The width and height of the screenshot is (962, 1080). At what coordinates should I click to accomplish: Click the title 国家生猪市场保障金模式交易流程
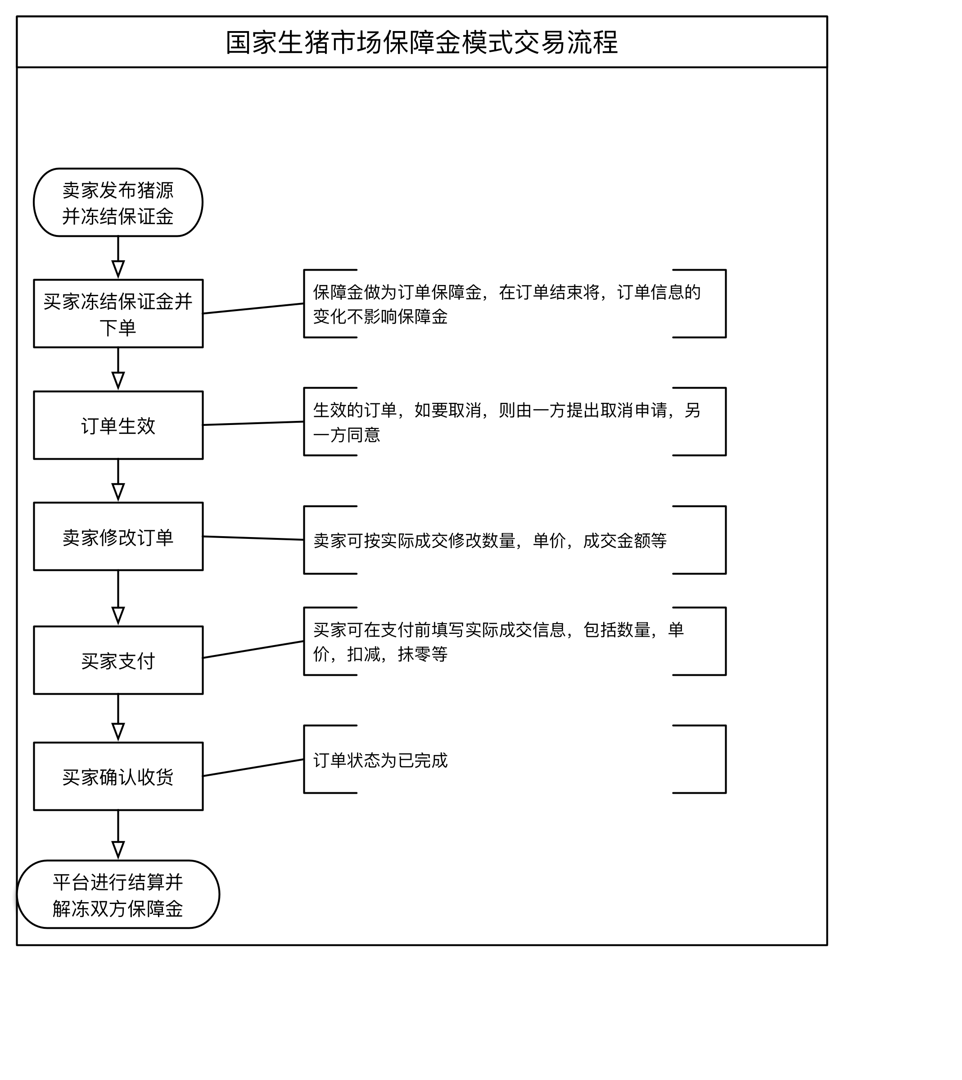[x=422, y=42]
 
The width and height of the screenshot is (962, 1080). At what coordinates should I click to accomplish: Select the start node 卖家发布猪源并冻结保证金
[x=118, y=203]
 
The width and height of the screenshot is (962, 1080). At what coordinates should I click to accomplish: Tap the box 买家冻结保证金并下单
[x=118, y=313]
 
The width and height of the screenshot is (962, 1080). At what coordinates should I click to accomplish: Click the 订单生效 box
[x=118, y=425]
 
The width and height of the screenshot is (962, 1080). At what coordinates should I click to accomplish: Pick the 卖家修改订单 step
[x=118, y=537]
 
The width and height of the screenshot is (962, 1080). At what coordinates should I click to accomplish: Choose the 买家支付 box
[x=118, y=660]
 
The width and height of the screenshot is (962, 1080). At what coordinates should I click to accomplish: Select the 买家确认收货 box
[x=118, y=777]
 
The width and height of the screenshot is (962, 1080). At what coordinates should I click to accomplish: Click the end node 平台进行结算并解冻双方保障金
[x=118, y=895]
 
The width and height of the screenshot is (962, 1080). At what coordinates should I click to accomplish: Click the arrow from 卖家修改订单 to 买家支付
[x=118, y=597]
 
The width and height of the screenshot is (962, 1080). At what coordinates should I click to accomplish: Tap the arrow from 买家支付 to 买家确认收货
[x=118, y=717]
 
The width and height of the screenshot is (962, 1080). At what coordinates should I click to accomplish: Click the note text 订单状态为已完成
[x=380, y=760]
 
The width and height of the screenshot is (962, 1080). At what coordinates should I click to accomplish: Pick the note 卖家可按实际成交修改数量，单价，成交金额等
[x=489, y=540]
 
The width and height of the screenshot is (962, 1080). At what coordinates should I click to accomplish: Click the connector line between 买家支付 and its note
[x=253, y=650]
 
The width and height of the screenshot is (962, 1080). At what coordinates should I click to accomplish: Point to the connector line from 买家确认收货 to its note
[x=253, y=768]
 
